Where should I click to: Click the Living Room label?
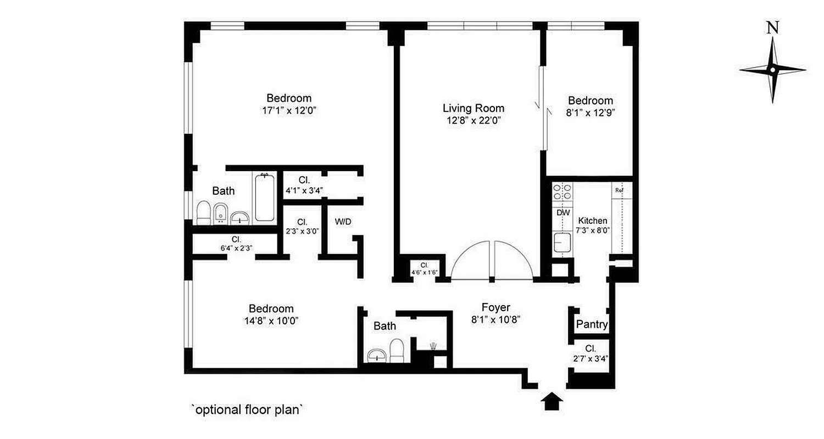click(x=473, y=108)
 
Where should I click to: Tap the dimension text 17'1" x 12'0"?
click(x=289, y=110)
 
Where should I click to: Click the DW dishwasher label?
click(x=563, y=212)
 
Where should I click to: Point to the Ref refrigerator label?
click(x=619, y=190)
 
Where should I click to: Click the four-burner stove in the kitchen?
click(x=561, y=192)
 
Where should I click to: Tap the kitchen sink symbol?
click(x=562, y=242)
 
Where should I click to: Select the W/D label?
click(x=343, y=222)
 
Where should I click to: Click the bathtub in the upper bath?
click(x=264, y=198)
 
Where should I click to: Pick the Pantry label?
click(x=592, y=324)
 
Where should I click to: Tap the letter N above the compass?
click(x=773, y=43)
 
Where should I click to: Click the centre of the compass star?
click(x=772, y=70)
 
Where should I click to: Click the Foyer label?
click(x=496, y=307)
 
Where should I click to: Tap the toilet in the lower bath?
click(x=396, y=350)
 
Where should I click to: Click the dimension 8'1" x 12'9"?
click(x=591, y=113)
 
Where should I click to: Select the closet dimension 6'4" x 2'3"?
click(x=236, y=248)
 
